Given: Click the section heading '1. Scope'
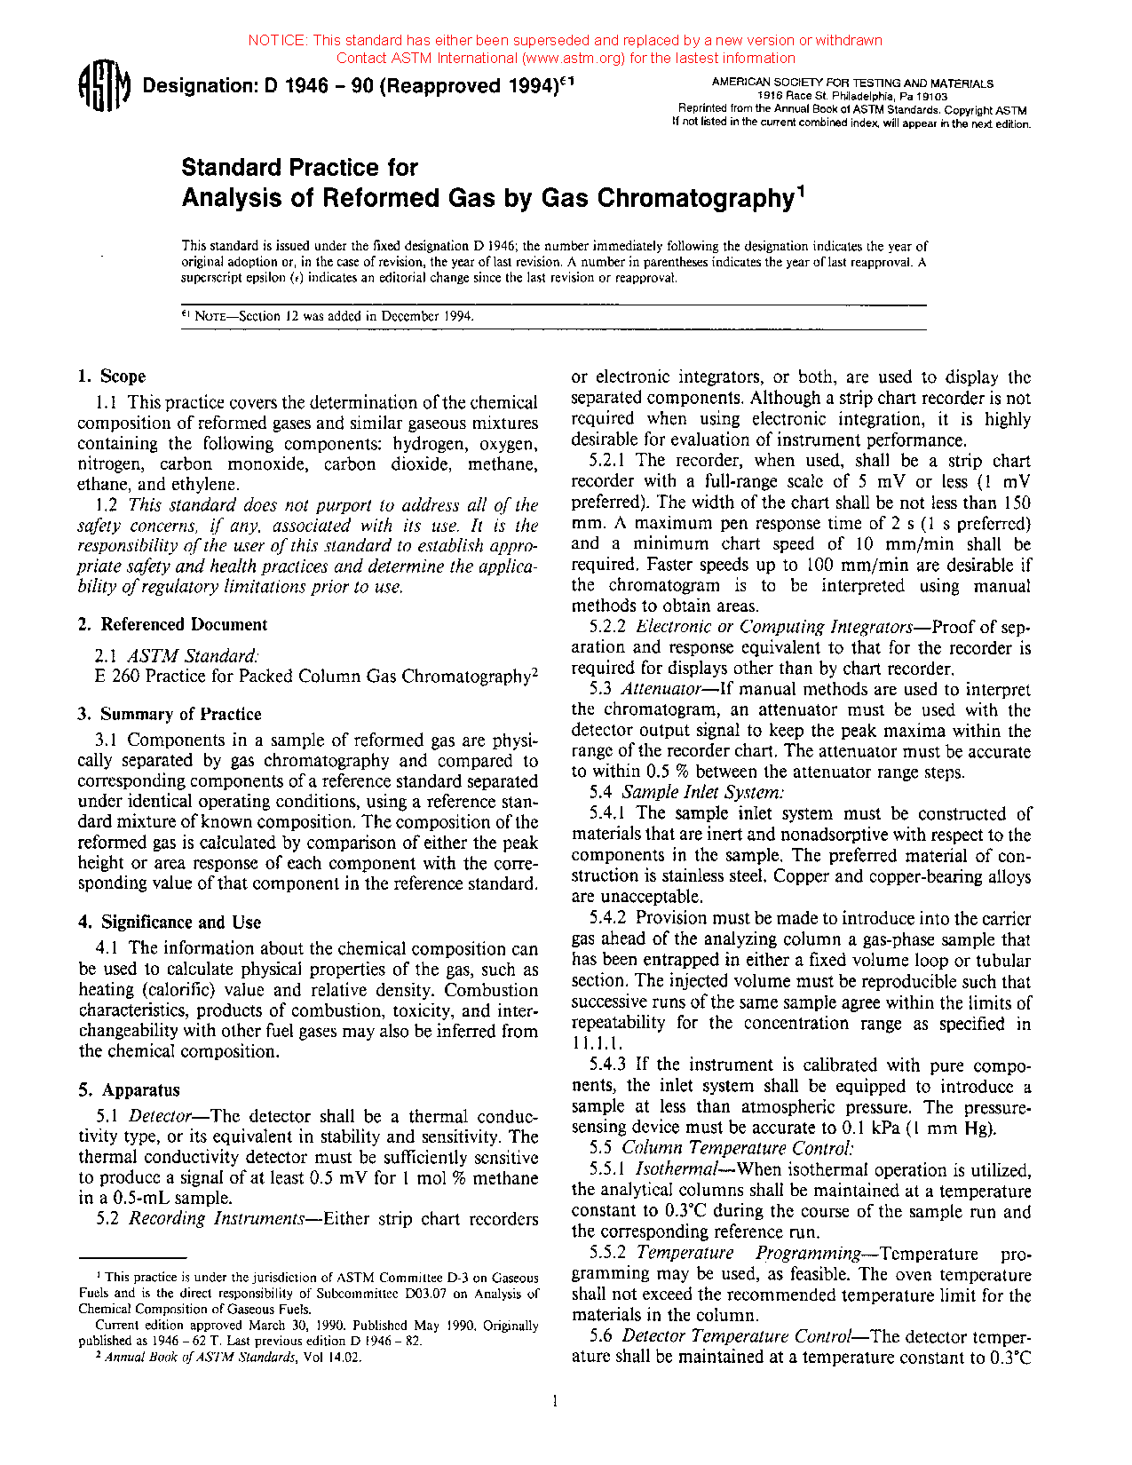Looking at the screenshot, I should (112, 376).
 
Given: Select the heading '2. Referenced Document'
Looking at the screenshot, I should (173, 624).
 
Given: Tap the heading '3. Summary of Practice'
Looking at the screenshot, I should (170, 714).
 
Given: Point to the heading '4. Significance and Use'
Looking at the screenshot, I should (170, 922).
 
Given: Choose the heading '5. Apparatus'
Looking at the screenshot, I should (130, 1090).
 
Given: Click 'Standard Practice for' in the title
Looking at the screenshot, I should (299, 168).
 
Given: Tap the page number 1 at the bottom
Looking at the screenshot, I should (555, 1402).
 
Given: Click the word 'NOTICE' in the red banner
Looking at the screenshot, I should (276, 40).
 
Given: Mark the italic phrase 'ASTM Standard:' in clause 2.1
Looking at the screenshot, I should (194, 656).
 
